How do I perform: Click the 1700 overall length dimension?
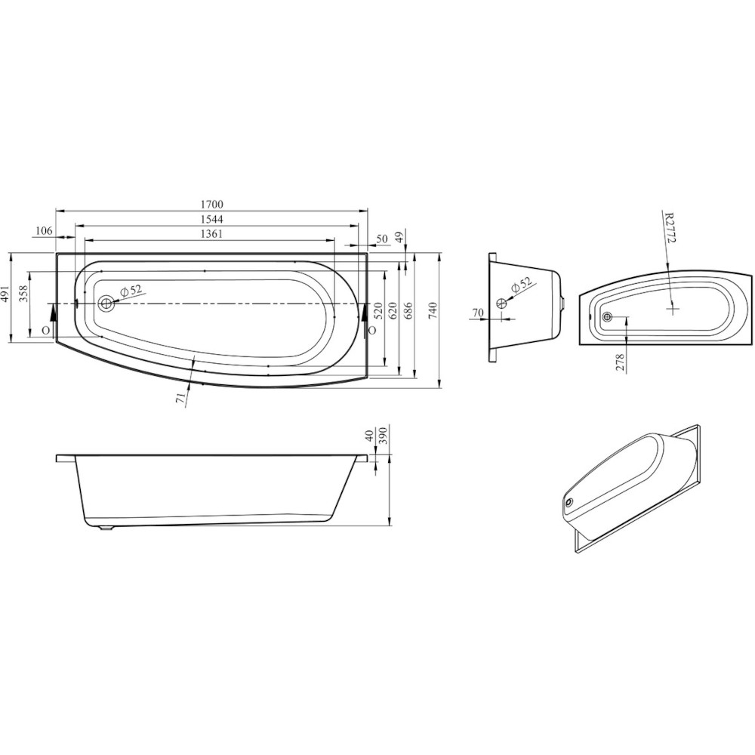click(x=213, y=204)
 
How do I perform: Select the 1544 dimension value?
click(x=213, y=219)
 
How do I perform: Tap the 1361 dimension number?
click(x=212, y=233)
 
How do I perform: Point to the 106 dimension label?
click(x=44, y=231)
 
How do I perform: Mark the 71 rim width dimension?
click(x=181, y=396)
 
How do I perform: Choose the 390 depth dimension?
click(x=382, y=437)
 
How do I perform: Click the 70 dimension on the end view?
click(x=477, y=313)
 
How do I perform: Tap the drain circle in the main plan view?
click(x=106, y=304)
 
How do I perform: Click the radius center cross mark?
click(x=673, y=308)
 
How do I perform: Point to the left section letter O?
click(x=46, y=331)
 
